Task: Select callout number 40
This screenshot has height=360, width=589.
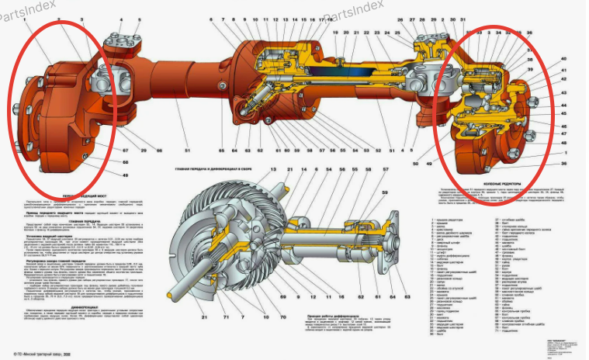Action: click(563, 59)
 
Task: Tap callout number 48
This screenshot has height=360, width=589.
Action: click(563, 143)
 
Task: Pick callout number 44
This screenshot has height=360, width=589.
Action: click(563, 103)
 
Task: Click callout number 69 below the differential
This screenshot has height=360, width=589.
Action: click(262, 296)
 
